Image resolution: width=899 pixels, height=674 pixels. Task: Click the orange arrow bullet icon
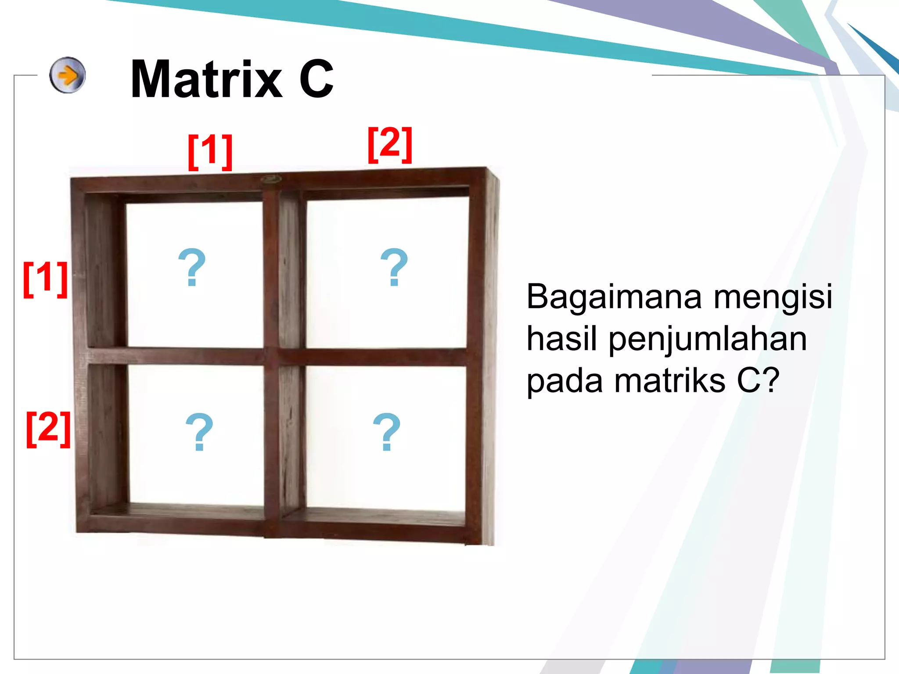pos(67,75)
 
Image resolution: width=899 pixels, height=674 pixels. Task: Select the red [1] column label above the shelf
pos(210,151)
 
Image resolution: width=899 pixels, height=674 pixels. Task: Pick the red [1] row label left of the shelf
pos(45,279)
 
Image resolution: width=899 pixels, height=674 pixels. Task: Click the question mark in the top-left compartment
pos(192,267)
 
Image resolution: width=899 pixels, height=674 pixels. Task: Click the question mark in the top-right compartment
pos(394,267)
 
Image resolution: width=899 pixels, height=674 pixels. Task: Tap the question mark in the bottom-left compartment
pos(199,432)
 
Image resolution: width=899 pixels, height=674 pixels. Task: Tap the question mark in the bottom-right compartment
pos(386,432)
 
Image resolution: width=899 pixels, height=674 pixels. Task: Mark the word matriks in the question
pos(670,381)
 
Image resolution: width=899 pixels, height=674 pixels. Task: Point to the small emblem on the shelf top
pos(271,179)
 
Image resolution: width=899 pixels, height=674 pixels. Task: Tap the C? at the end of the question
pos(758,380)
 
